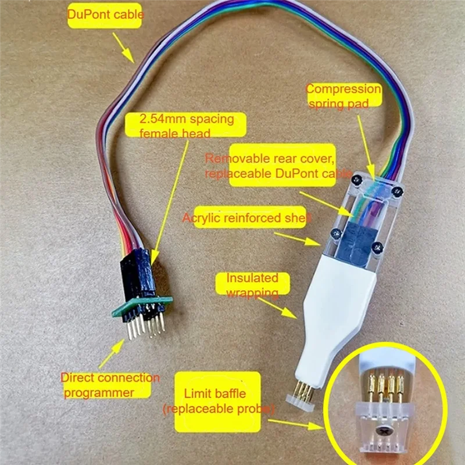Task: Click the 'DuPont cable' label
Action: coord(105,14)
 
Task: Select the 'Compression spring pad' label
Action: coord(344,96)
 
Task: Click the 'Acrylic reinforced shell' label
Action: coord(247,219)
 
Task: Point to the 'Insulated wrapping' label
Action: coord(252,285)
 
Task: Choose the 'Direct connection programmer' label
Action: coord(110,385)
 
